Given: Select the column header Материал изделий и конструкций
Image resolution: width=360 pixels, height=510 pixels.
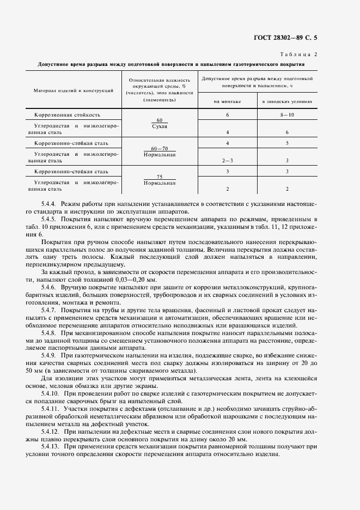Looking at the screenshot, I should (73, 90).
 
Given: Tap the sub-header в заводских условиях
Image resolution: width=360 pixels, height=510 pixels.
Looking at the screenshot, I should (287, 102).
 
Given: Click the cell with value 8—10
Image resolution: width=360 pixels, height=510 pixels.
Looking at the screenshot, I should (287, 115).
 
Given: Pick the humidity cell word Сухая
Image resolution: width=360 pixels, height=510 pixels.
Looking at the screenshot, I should (159, 126).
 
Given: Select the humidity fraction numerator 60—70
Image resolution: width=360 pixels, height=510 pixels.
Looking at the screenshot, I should (159, 148).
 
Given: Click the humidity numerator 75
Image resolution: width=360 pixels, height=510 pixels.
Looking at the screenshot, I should (159, 177).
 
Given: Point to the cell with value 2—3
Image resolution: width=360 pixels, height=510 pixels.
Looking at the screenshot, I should (227, 161).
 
